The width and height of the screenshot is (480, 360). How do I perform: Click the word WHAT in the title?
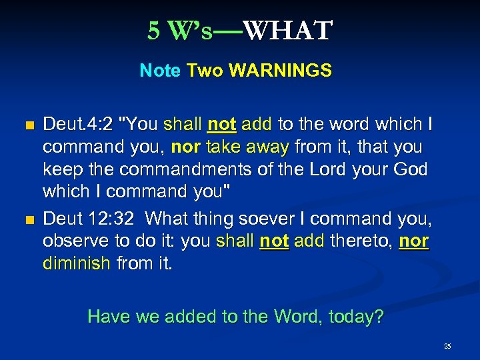287,31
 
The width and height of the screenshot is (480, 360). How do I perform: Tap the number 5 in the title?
154,31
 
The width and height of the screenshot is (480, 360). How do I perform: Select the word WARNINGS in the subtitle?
280,71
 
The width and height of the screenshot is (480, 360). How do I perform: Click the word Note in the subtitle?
160,71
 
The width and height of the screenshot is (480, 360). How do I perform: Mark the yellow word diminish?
77,263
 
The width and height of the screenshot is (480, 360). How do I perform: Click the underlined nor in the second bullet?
414,241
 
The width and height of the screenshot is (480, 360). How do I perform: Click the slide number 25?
447,346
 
